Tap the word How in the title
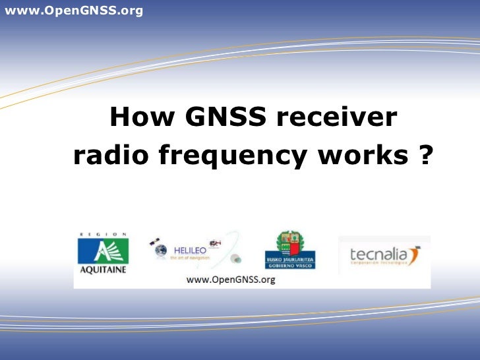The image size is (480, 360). pyautogui.click(x=142, y=118)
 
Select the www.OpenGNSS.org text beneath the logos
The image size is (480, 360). pyautogui.click(x=231, y=280)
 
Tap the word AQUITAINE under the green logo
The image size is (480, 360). pyautogui.click(x=102, y=269)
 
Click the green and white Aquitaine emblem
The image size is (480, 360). pyautogui.click(x=103, y=251)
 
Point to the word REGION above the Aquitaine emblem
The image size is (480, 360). pyautogui.click(x=102, y=234)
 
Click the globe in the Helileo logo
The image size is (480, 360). pyautogui.click(x=160, y=251)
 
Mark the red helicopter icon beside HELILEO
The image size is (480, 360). pyautogui.click(x=215, y=242)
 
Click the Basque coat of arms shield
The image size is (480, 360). pyautogui.click(x=290, y=242)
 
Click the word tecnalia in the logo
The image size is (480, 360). pyautogui.click(x=373, y=254)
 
